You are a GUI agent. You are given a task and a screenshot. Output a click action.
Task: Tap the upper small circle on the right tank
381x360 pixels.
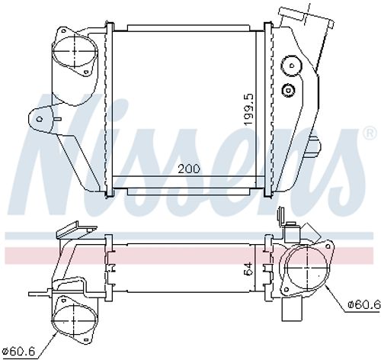point(290,66)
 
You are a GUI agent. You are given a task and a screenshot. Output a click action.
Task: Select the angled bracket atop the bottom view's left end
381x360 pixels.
point(69,230)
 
